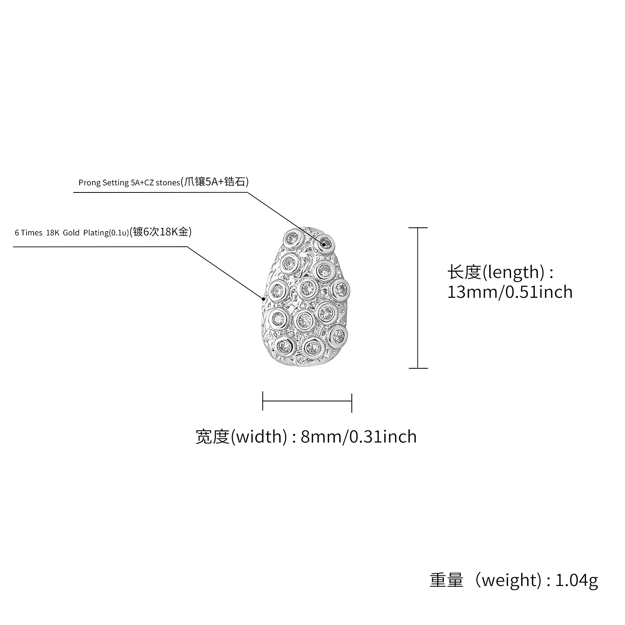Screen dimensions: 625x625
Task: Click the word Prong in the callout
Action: point(89,183)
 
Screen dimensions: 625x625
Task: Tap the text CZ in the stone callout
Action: point(149,183)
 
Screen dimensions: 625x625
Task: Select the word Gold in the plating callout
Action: point(71,233)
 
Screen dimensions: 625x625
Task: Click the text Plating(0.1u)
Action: point(106,233)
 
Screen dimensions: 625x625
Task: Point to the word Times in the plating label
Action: point(32,233)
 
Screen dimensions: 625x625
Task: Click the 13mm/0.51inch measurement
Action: point(509,292)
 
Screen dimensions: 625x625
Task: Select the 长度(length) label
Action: point(496,272)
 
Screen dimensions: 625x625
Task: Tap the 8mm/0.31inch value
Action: point(358,436)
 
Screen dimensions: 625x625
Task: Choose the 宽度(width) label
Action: point(241,436)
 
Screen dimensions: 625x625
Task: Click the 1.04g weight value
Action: point(576,580)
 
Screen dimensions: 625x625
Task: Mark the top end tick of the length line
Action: point(418,228)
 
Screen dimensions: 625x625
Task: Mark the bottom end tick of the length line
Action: point(418,368)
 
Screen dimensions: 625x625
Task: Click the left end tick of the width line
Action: point(263,401)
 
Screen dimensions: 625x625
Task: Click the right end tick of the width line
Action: point(352,402)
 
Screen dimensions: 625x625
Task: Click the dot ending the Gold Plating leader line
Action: point(264,299)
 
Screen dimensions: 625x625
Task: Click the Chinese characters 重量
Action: point(447,580)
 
